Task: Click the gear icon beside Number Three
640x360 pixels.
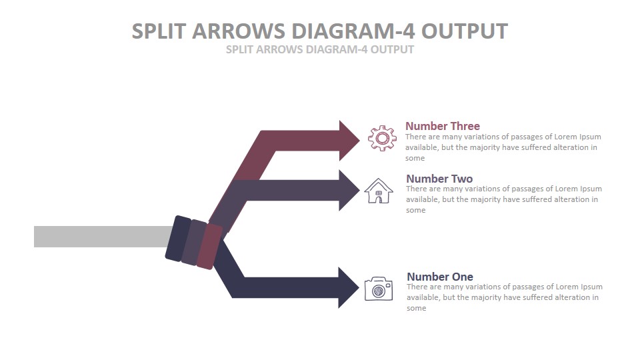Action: (382, 139)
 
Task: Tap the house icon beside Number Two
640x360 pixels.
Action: (379, 191)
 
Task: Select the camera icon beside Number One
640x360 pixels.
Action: (379, 289)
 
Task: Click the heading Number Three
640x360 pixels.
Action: (443, 126)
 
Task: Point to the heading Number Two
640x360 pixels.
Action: (439, 179)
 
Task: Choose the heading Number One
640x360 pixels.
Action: (440, 277)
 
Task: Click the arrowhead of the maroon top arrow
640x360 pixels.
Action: (349, 141)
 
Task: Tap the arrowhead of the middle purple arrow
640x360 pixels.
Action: (349, 190)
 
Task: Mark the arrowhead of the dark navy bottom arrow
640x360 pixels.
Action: (349, 287)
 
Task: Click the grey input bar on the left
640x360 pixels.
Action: (103, 236)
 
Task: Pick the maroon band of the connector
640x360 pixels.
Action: (209, 246)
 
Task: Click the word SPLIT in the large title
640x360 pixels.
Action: (159, 31)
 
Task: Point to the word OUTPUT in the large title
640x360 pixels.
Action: (465, 31)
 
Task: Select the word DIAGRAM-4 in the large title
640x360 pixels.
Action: (353, 31)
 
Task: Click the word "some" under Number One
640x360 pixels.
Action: (416, 308)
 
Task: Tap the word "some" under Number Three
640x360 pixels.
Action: (415, 159)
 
